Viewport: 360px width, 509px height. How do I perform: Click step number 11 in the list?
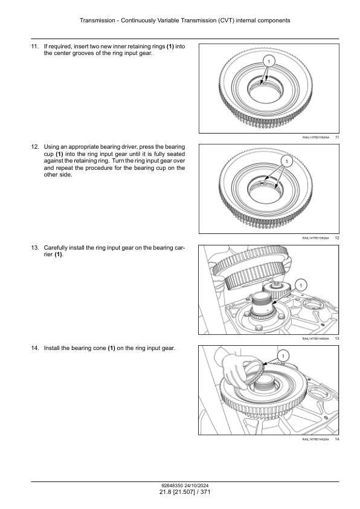pos(35,47)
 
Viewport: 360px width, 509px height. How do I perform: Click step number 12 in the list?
pos(35,147)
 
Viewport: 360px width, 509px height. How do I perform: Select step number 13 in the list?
pos(35,248)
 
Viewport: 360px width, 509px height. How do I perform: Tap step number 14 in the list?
pos(35,348)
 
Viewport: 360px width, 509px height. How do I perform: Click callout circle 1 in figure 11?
pos(269,61)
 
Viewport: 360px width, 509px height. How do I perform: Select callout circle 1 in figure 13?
pos(301,285)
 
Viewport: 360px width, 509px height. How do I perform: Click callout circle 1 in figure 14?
pos(283,357)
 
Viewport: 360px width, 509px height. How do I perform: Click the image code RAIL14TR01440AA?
pos(315,339)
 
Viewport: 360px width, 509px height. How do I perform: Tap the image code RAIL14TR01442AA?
pos(315,439)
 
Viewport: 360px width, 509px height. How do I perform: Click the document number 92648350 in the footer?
pos(172,486)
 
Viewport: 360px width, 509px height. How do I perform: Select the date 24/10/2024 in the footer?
pos(196,486)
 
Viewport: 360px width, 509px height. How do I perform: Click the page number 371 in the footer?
pos(205,492)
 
